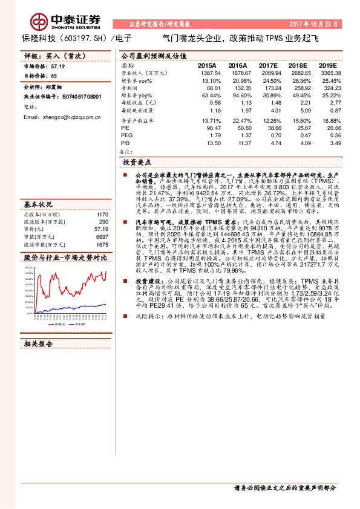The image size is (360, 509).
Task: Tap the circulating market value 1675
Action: (x=102, y=244)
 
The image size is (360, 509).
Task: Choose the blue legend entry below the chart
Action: (x=82, y=324)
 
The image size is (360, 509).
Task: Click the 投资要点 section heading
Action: (x=137, y=162)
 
